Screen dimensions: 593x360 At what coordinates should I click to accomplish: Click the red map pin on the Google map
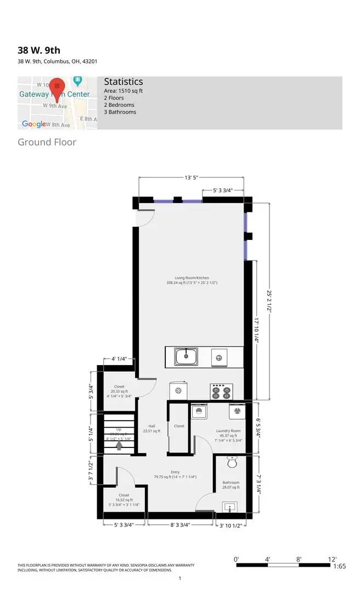(58, 87)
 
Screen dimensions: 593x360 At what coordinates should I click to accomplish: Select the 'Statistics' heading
(123, 82)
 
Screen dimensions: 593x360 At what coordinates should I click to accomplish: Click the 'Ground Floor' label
(47, 143)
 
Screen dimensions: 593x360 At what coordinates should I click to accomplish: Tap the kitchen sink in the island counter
(187, 357)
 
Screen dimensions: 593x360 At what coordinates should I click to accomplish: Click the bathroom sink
(228, 507)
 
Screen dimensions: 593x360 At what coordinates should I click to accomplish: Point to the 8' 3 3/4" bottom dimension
(179, 525)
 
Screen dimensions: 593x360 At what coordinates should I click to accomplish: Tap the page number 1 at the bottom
(179, 579)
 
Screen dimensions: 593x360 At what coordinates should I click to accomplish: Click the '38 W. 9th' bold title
(39, 50)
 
